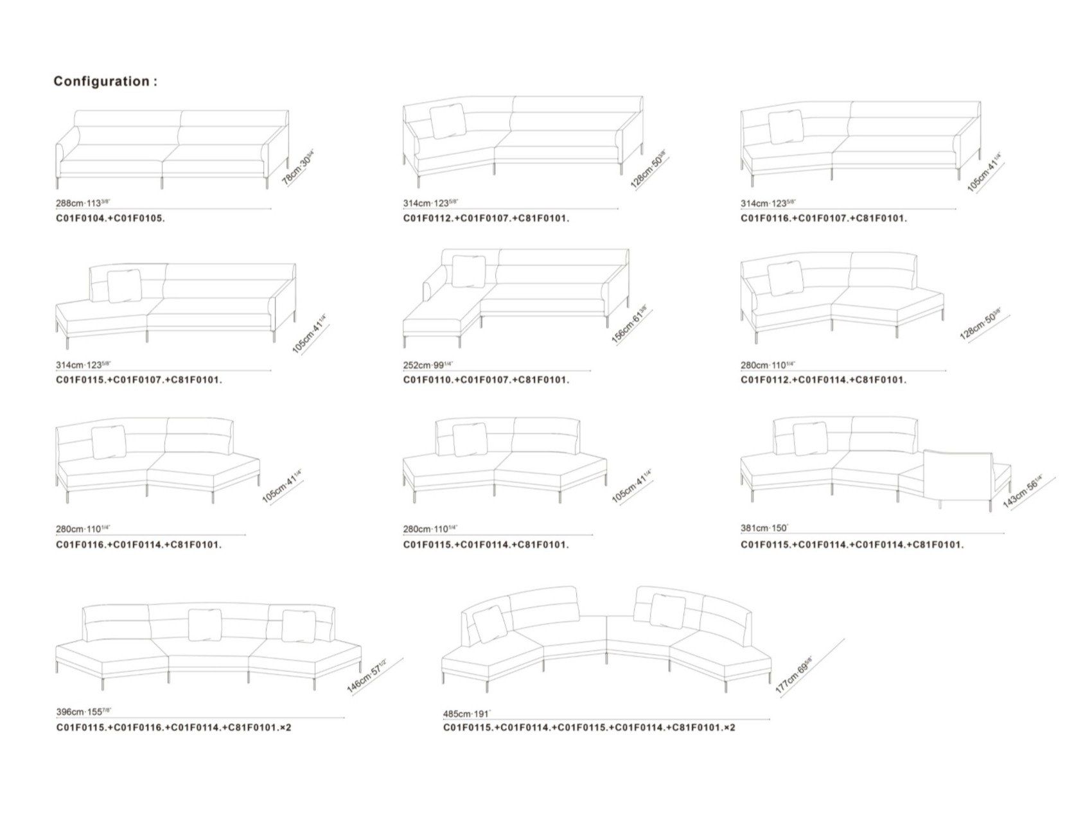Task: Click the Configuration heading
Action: (105, 82)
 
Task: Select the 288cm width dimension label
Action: (83, 203)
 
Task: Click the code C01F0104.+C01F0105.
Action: (110, 218)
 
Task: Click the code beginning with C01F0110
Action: (486, 380)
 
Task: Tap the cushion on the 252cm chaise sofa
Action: (469, 272)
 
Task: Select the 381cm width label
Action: (764, 528)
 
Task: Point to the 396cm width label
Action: (83, 712)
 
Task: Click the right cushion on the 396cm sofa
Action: (298, 626)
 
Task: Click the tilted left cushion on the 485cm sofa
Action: (491, 624)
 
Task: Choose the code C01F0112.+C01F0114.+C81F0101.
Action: (823, 380)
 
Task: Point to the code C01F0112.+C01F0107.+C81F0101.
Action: (486, 218)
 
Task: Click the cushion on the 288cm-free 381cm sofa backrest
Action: (810, 439)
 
